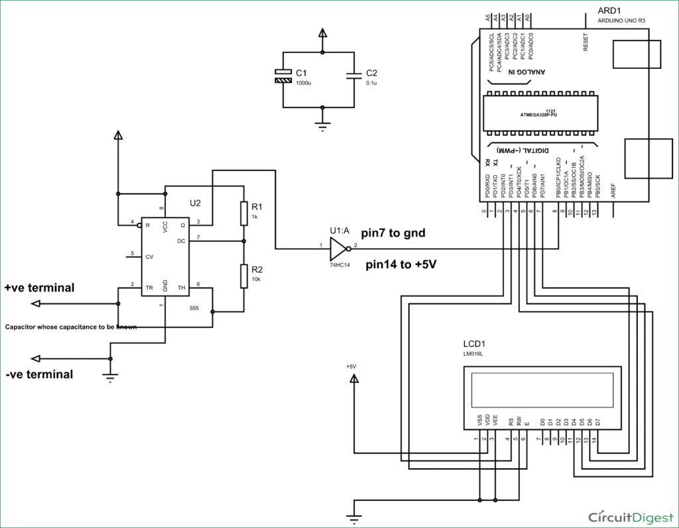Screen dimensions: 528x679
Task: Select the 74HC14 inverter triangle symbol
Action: [339, 249]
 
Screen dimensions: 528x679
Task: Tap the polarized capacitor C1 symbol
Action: [283, 76]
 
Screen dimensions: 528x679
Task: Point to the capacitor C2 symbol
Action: [356, 76]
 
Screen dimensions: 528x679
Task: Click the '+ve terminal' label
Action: [39, 288]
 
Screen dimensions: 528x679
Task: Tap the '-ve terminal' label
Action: [39, 374]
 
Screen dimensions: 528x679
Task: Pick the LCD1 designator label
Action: [474, 344]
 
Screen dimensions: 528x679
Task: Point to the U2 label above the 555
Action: [195, 203]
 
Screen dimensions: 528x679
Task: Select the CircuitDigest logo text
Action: [630, 515]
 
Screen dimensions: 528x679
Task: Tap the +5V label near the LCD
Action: [351, 366]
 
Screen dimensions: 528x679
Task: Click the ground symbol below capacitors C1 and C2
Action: [322, 126]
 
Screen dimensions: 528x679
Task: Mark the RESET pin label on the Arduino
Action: [585, 42]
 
